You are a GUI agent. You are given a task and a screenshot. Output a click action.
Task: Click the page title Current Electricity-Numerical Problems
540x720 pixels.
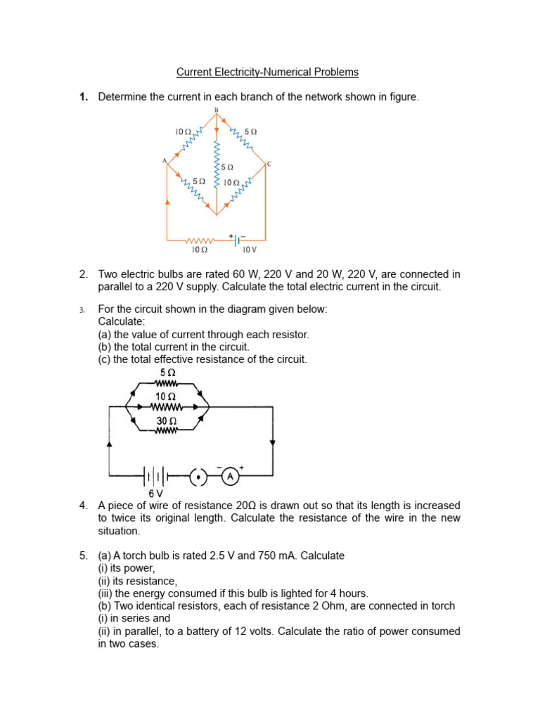(x=267, y=72)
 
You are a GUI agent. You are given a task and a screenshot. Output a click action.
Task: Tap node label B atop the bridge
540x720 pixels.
(x=216, y=111)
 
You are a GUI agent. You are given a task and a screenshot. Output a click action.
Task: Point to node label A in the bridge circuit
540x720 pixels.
(x=165, y=161)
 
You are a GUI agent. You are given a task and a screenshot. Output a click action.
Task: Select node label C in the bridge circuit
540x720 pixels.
(x=269, y=164)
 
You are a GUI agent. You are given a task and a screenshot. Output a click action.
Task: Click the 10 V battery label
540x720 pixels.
(x=250, y=250)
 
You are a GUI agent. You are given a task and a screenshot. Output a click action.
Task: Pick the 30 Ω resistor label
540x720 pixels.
(x=166, y=421)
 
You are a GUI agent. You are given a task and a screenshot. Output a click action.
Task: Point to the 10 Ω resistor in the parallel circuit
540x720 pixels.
(x=167, y=406)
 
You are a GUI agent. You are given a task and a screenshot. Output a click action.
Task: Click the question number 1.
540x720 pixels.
(x=83, y=97)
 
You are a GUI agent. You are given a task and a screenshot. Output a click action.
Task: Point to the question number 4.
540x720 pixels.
(x=83, y=506)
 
